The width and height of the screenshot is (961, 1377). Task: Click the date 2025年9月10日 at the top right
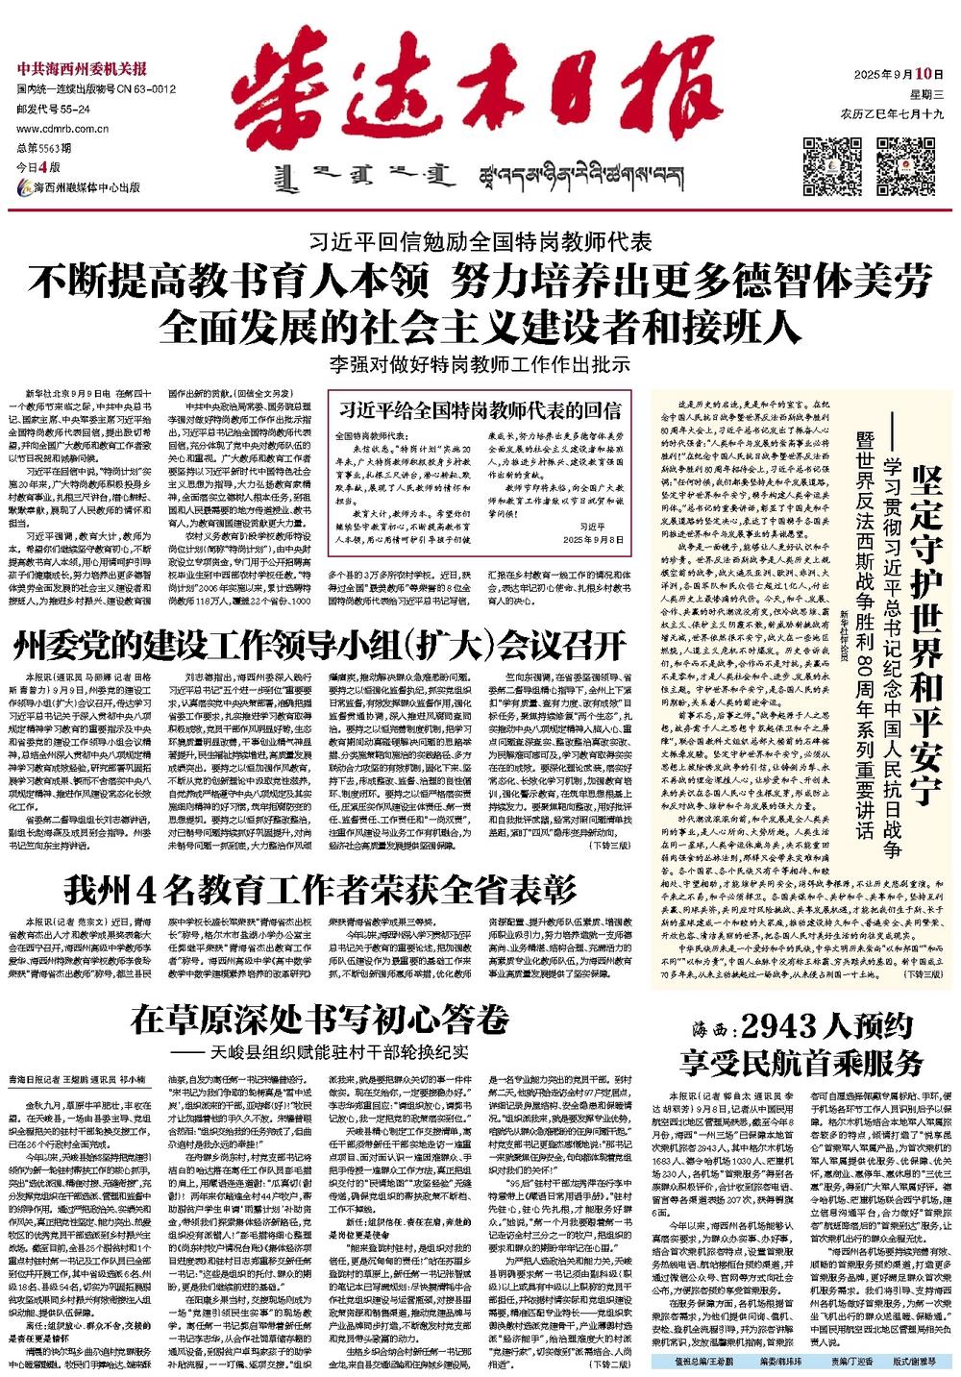point(893,74)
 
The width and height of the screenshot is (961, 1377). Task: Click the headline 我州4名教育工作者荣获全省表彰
point(320,889)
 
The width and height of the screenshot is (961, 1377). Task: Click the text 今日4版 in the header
point(37,168)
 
